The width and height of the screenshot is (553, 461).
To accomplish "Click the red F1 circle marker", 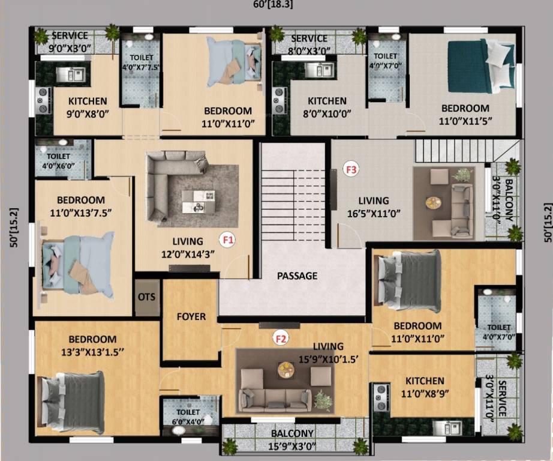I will [x=228, y=240].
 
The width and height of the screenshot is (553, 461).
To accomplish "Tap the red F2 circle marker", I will [x=280, y=338].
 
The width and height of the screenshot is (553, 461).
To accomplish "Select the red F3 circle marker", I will [x=351, y=170].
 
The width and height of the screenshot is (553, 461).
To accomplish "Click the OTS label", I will [x=147, y=297].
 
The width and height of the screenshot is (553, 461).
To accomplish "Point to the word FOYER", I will [x=191, y=316].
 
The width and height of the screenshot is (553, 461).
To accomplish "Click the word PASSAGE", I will [x=297, y=276].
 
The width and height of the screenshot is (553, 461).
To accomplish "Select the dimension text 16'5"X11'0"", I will [x=374, y=212].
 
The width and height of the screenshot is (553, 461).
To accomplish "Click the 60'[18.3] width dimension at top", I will [x=273, y=4].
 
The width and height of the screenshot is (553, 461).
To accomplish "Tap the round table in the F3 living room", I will [x=433, y=203].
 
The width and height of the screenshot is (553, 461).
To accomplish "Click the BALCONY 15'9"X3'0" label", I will [x=292, y=439].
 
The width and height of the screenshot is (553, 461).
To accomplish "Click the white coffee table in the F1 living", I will [x=197, y=200].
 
